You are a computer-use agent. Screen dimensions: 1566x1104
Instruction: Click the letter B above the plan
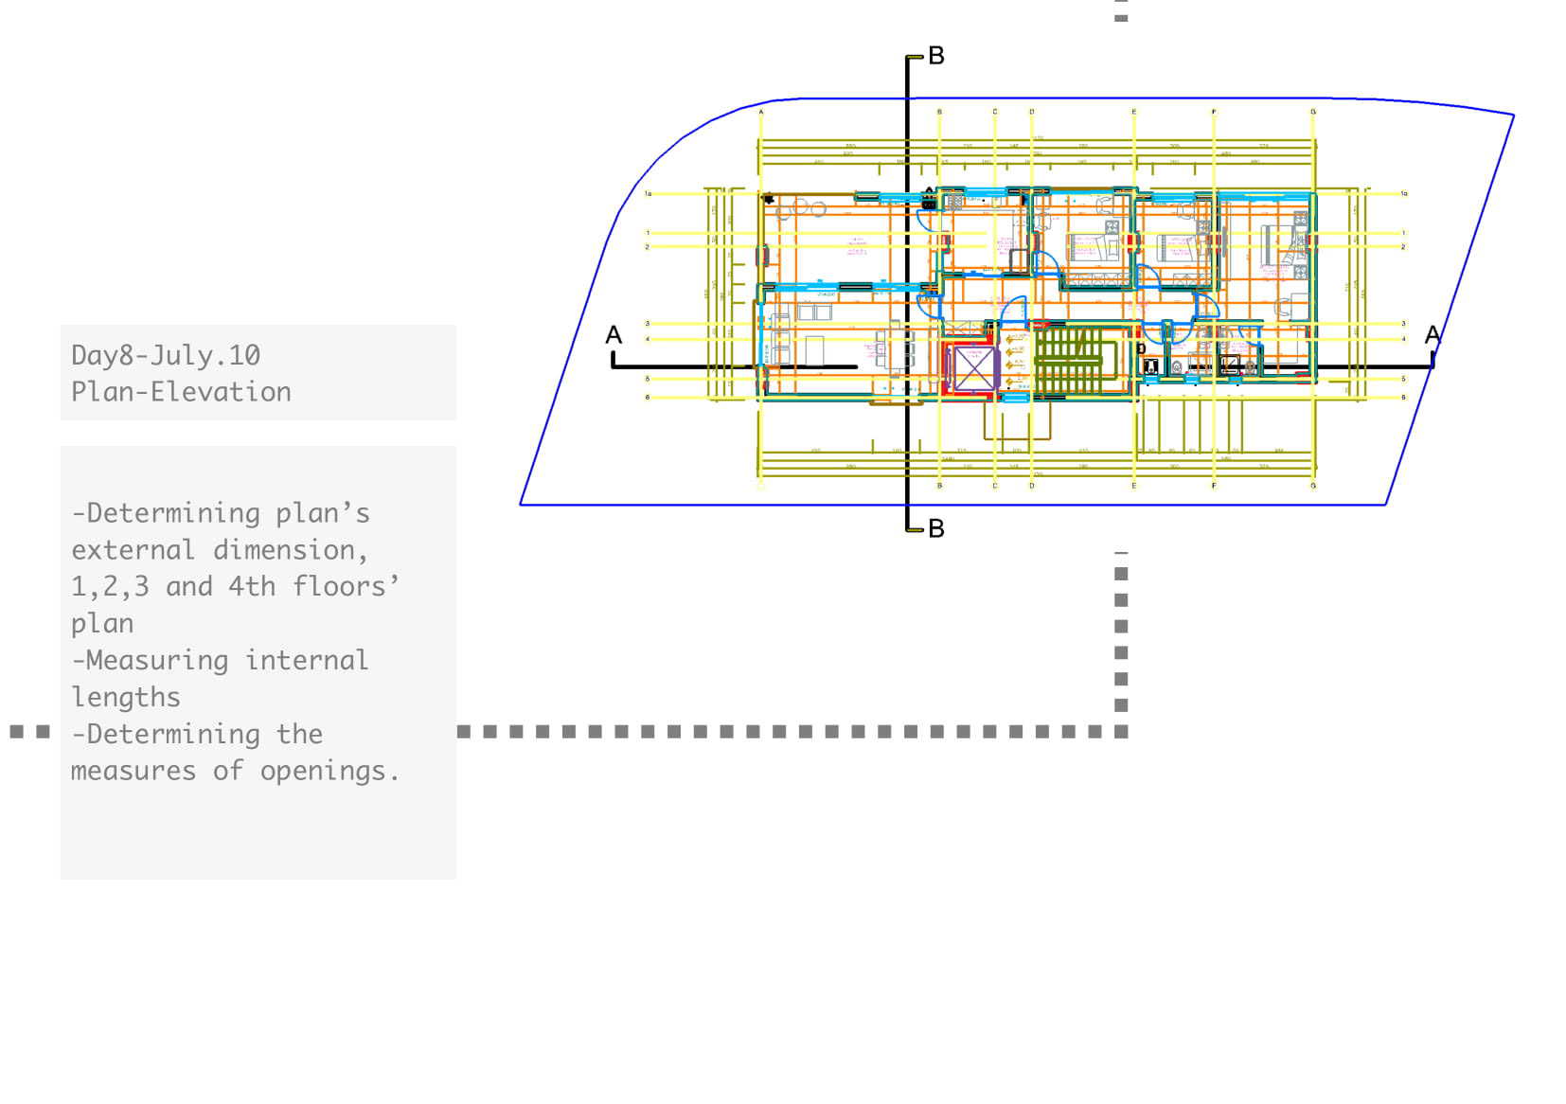936,56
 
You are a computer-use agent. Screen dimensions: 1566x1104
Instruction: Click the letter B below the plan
936,528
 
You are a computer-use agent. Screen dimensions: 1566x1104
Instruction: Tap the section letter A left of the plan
614,335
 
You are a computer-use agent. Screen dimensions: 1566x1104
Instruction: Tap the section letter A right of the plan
1433,335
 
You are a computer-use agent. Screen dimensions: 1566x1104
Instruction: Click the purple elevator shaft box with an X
973,368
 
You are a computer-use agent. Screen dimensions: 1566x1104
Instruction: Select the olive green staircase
1068,361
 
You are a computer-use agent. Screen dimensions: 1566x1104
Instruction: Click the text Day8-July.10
166,355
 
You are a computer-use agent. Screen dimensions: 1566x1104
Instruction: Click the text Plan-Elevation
181,392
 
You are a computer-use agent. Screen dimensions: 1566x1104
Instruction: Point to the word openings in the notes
323,771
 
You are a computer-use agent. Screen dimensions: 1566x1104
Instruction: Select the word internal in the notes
306,660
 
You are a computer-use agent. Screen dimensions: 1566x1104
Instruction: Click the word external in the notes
133,549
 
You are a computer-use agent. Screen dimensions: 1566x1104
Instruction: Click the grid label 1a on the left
649,194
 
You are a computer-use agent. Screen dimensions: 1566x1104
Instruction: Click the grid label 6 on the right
1403,397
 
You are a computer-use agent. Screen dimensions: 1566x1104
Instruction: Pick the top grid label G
1313,112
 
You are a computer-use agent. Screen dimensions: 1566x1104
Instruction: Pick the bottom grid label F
1214,486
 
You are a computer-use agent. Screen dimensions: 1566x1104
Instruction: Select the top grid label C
994,112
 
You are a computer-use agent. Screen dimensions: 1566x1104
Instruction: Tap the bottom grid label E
1133,486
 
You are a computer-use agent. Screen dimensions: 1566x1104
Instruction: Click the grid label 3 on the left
648,324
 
